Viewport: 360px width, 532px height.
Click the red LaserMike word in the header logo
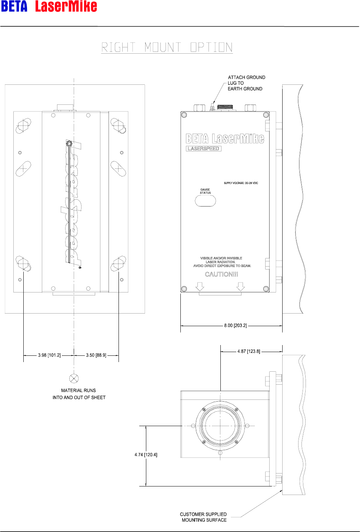click(66, 6)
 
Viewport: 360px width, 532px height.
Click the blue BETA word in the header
click(14, 6)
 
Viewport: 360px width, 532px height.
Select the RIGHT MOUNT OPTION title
click(167, 47)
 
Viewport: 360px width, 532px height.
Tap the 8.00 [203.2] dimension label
click(236, 325)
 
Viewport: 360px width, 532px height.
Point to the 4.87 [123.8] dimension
click(249, 351)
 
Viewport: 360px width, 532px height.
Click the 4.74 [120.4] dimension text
click(146, 455)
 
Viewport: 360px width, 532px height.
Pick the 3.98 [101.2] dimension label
click(49, 355)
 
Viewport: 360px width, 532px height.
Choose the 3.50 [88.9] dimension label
click(96, 355)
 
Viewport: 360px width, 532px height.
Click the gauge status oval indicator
click(205, 201)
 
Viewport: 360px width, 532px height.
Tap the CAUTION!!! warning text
click(221, 274)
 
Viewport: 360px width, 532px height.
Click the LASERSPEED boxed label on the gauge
click(203, 149)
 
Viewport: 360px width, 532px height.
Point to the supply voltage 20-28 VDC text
click(241, 183)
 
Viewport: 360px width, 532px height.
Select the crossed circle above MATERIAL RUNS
click(74, 378)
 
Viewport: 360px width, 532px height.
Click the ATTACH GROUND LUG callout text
click(246, 83)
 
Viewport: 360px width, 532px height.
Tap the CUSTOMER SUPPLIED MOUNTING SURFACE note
click(203, 517)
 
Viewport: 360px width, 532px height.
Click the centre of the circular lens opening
click(220, 426)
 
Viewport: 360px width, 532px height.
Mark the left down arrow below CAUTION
click(200, 287)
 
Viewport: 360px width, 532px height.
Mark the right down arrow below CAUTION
click(241, 287)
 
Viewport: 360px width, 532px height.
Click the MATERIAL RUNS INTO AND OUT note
click(79, 394)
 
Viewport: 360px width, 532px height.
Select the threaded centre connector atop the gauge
click(225, 107)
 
